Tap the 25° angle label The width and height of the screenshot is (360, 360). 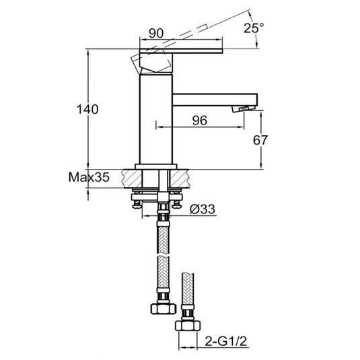[x=253, y=28]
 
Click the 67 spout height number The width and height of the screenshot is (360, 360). [x=260, y=140]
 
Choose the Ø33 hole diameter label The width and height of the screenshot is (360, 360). [x=201, y=209]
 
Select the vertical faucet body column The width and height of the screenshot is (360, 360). [x=155, y=118]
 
